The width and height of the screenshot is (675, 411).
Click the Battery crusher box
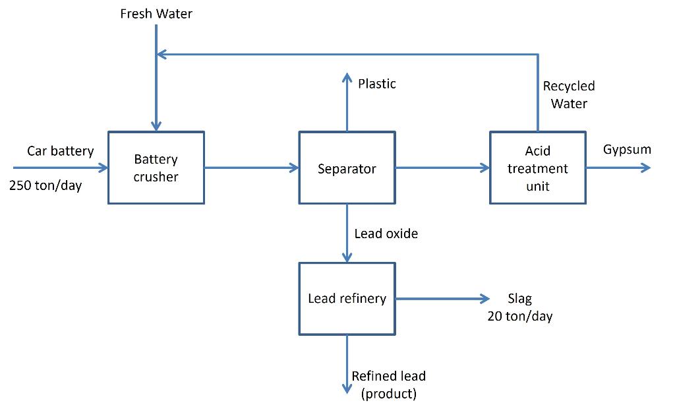(156, 168)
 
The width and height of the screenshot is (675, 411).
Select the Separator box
(347, 168)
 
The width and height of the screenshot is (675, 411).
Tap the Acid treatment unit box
(537, 168)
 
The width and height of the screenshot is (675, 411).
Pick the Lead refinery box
(347, 298)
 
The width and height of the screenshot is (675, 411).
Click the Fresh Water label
(156, 14)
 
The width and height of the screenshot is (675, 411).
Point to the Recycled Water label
(568, 94)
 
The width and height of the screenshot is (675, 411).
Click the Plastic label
(377, 84)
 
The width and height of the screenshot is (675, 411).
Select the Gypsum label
(627, 150)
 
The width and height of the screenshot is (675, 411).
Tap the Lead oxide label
(386, 234)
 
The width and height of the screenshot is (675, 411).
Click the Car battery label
(60, 152)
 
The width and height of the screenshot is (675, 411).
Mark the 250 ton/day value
(45, 185)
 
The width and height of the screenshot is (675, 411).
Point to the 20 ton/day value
(519, 317)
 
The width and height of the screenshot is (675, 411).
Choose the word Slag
(519, 300)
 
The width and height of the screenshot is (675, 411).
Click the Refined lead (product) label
(388, 385)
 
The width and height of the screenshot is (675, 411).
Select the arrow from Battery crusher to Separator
(250, 168)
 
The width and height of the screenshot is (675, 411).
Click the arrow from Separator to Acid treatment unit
(442, 168)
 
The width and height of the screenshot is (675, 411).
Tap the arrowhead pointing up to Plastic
(347, 78)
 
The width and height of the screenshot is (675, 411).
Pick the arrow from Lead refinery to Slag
(442, 298)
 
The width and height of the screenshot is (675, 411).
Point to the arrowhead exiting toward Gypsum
(645, 168)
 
